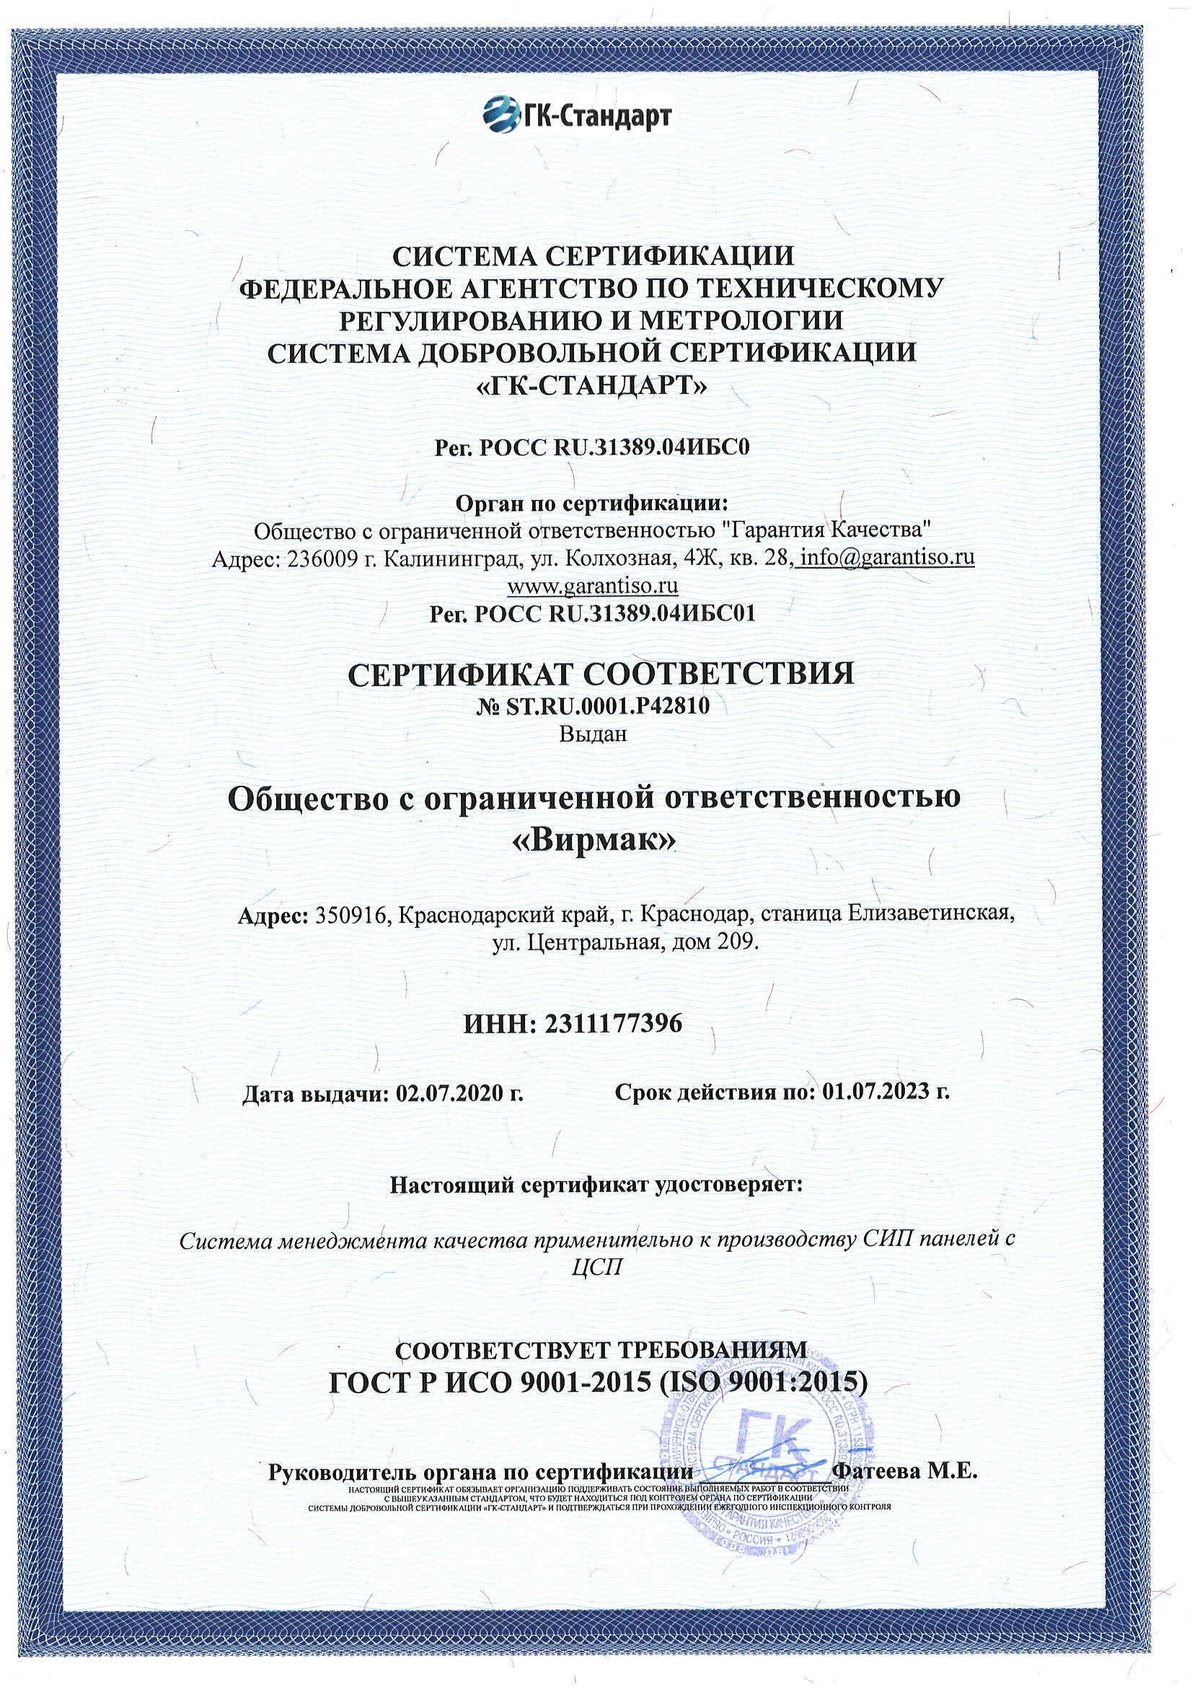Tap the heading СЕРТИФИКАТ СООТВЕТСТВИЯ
[x=599, y=674]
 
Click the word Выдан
[x=594, y=733]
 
